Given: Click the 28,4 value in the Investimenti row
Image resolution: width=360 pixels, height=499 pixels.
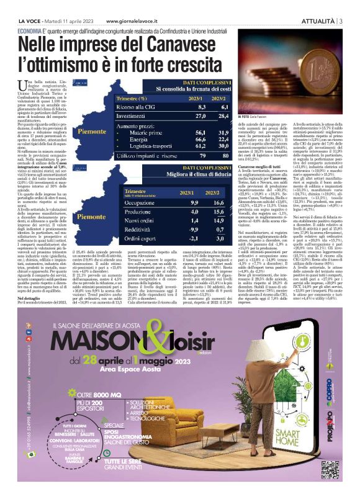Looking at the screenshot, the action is click(x=216, y=115).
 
